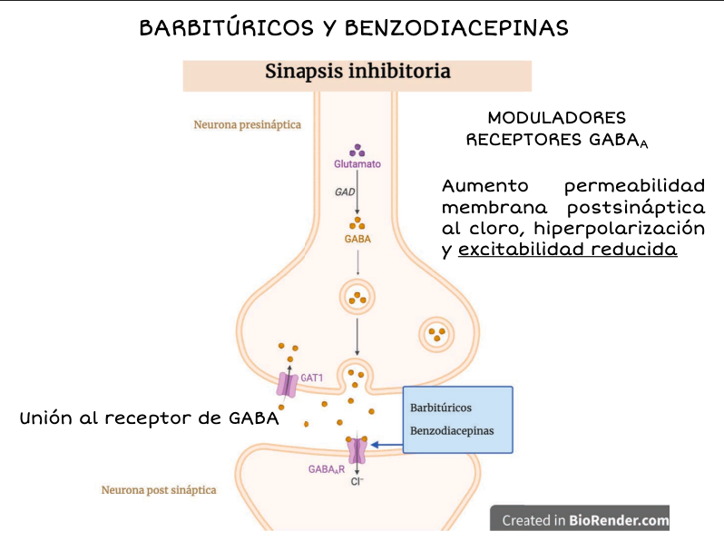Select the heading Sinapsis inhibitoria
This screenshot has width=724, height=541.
click(x=357, y=72)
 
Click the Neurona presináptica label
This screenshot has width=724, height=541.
click(x=247, y=124)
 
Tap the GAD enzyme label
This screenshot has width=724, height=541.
click(x=345, y=192)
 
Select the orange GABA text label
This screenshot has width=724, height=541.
click(x=357, y=239)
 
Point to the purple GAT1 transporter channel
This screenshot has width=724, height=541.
click(x=287, y=384)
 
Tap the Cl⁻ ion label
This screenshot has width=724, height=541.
click(x=357, y=482)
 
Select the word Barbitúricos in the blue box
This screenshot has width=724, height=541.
click(x=441, y=408)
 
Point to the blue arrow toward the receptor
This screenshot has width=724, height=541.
click(x=386, y=445)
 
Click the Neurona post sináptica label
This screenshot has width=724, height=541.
click(x=159, y=490)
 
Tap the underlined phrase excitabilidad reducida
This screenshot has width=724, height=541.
click(x=568, y=249)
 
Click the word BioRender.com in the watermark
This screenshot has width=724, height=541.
click(x=619, y=520)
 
